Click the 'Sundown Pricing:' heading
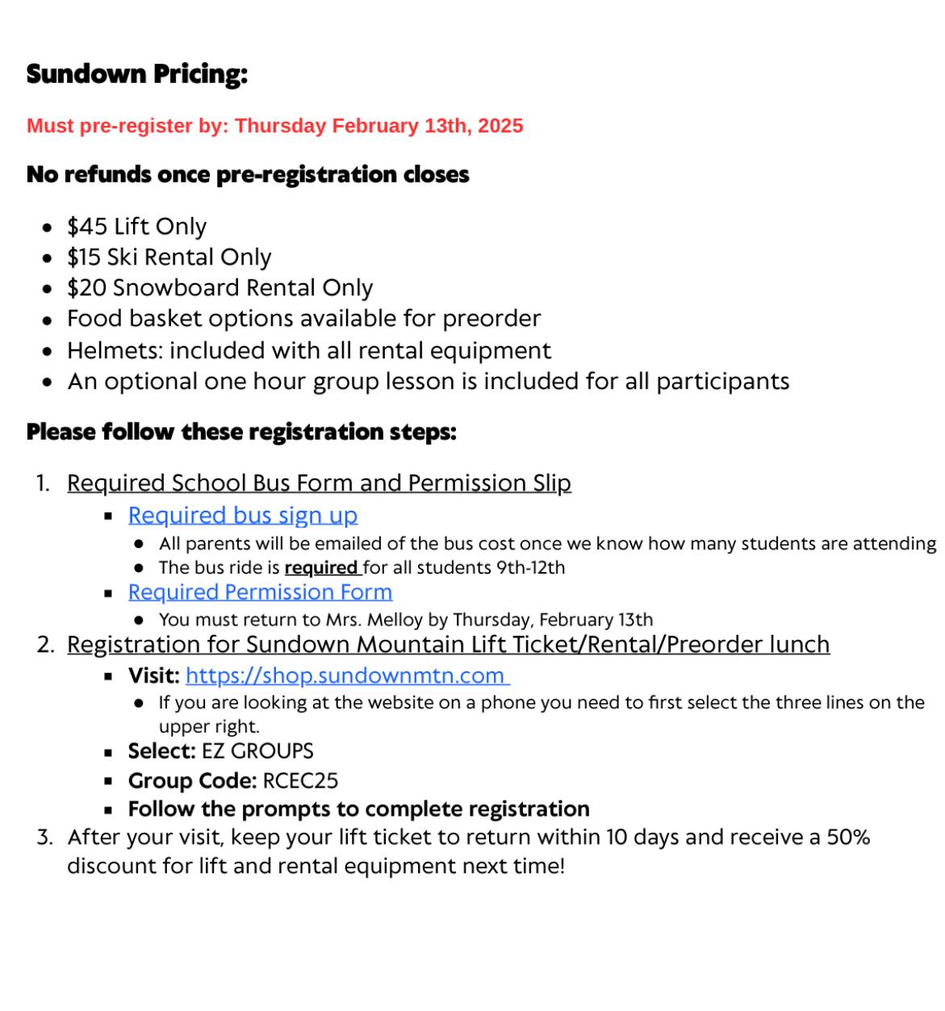(x=136, y=74)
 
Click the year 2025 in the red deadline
(x=500, y=126)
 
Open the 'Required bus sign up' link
(x=242, y=516)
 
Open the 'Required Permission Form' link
(x=260, y=592)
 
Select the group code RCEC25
(x=300, y=781)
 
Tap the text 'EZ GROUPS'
(x=257, y=751)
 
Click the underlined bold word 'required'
(x=321, y=568)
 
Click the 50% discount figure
(x=848, y=838)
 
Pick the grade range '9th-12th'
(x=530, y=568)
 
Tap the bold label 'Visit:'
(x=153, y=675)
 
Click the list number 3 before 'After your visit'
(x=44, y=838)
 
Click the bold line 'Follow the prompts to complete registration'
(x=358, y=809)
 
